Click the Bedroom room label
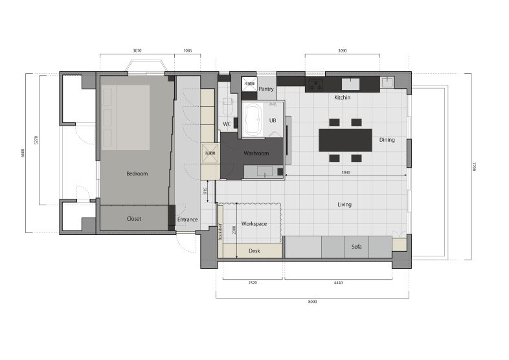pos(137,174)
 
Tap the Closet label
pos(134,219)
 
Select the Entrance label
pos(187,220)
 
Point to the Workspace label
pos(254,223)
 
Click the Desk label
pos(254,250)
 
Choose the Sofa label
pos(357,247)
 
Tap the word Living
pos(345,205)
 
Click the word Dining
pos(387,140)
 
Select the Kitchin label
pos(342,98)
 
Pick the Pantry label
pos(266,89)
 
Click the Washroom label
pos(256,154)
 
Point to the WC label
pos(227,124)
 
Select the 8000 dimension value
pos(313,302)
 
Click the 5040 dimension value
pos(345,172)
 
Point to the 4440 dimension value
pos(337,283)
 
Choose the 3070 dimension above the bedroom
pos(137,50)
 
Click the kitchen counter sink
pos(350,84)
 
